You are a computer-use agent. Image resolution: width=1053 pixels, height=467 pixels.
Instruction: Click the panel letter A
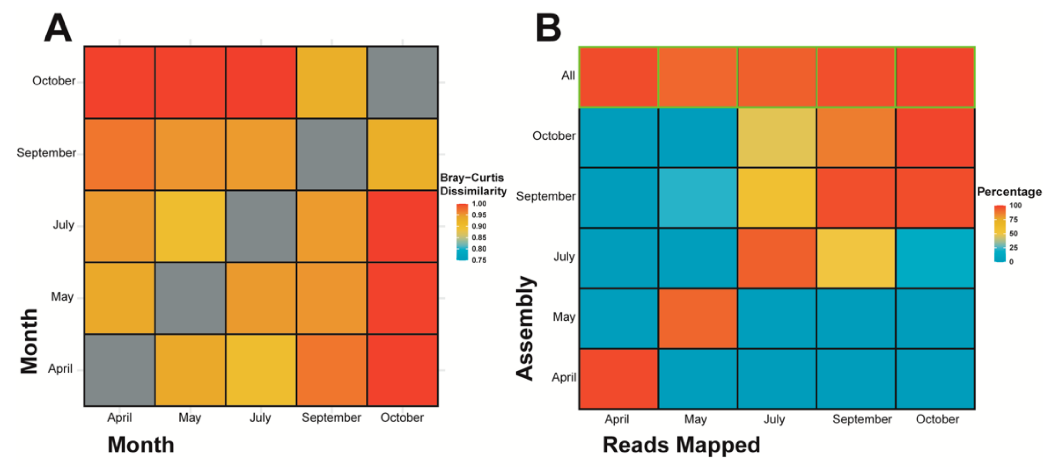pyautogui.click(x=58, y=28)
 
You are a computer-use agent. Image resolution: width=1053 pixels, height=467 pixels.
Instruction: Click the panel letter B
pyautogui.click(x=548, y=28)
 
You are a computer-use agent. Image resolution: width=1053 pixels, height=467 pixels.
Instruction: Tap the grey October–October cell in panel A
pyautogui.click(x=403, y=82)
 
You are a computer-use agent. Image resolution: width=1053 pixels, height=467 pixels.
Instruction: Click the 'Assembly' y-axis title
pyautogui.click(x=525, y=328)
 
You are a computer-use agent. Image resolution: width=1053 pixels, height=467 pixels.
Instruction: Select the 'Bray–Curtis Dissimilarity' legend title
pyautogui.click(x=473, y=184)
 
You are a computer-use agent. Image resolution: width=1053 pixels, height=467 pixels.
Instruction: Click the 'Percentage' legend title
pyautogui.click(x=1009, y=192)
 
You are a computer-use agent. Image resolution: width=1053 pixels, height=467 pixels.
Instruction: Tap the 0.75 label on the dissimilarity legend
pyautogui.click(x=479, y=260)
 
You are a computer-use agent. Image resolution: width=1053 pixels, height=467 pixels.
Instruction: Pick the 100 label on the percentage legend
pyautogui.click(x=1015, y=205)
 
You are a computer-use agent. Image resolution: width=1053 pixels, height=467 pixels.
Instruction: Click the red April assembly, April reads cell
pyautogui.click(x=618, y=379)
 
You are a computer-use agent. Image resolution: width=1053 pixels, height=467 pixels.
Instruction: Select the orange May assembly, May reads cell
pyautogui.click(x=698, y=318)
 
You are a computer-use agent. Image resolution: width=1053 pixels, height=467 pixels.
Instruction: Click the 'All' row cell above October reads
pyautogui.click(x=935, y=77)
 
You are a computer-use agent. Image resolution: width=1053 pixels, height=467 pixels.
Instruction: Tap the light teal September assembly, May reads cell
pyautogui.click(x=698, y=198)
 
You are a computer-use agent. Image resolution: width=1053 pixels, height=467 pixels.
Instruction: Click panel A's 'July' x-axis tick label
pyautogui.click(x=260, y=418)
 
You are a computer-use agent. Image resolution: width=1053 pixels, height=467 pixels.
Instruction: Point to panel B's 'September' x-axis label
pyautogui.click(x=862, y=419)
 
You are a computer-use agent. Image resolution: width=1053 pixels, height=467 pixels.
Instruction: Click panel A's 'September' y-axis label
pyautogui.click(x=46, y=153)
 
